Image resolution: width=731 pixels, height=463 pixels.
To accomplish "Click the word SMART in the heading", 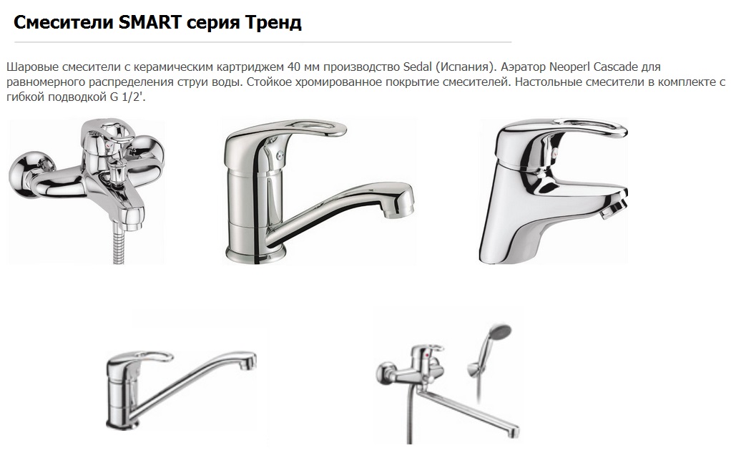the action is tap(149, 22).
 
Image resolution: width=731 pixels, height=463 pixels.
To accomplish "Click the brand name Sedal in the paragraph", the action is tap(417, 67).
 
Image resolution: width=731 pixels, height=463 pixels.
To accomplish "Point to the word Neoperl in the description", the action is tap(569, 67).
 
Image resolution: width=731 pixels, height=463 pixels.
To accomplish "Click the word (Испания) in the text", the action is tap(465, 67).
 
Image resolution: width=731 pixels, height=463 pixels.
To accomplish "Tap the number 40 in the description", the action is tap(294, 67).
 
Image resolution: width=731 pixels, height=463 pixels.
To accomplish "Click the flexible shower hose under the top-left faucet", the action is tap(119, 244).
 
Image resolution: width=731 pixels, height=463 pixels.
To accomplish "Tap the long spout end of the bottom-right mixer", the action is tap(514, 432).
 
